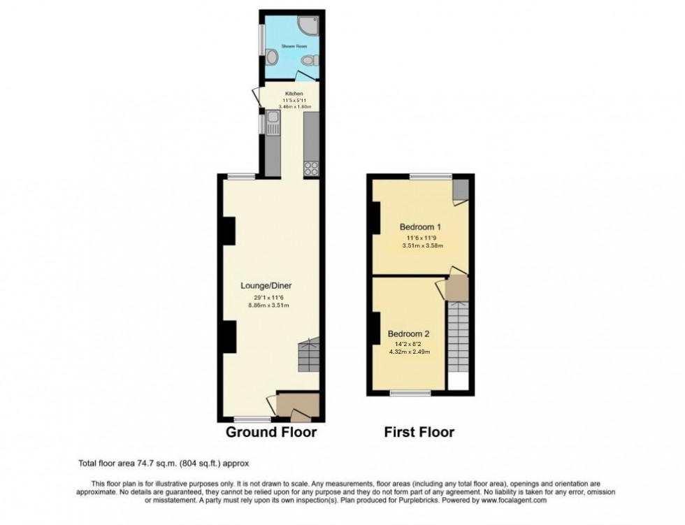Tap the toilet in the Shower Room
coord(314,60)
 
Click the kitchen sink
coord(271,127)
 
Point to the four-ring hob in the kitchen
coord(311,168)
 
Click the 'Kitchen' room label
coord(294,93)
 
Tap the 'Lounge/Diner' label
coord(266,285)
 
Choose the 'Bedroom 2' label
coord(408,333)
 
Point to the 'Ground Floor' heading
coord(271,432)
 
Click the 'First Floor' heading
coord(419,432)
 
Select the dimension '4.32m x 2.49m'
coord(409,352)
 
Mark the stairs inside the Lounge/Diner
coord(308,357)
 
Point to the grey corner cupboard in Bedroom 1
coord(461,189)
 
